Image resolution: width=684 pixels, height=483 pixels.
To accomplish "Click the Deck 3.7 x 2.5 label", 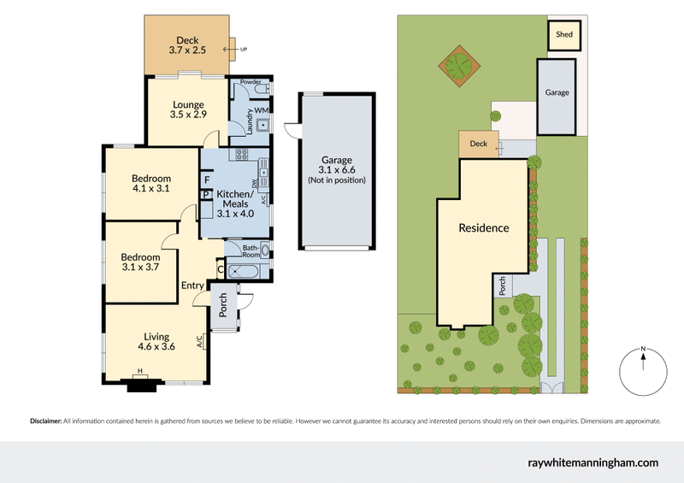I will tap(186, 45).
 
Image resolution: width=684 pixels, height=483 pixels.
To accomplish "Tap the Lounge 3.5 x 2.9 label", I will tap(187, 109).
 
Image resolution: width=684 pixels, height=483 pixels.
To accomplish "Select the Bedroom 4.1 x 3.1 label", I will tap(152, 182).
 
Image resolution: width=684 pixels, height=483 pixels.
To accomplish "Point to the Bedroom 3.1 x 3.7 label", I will tap(140, 262).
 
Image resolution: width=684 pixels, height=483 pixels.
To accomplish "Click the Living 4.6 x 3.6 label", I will tap(156, 342).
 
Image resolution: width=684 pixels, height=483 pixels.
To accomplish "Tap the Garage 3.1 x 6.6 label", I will tap(337, 170).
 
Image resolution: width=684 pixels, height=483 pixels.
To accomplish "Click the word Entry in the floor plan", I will tap(193, 286).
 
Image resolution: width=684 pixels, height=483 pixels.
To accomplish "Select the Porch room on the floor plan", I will tap(224, 306).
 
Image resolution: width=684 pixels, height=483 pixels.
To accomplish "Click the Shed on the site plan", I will tap(564, 35).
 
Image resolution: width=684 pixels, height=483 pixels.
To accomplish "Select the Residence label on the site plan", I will tap(483, 228).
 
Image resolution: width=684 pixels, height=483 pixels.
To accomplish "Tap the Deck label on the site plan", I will tap(478, 144).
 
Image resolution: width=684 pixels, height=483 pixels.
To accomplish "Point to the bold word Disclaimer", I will tap(46, 421).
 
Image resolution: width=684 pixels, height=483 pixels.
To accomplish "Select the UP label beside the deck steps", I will tap(245, 50).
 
